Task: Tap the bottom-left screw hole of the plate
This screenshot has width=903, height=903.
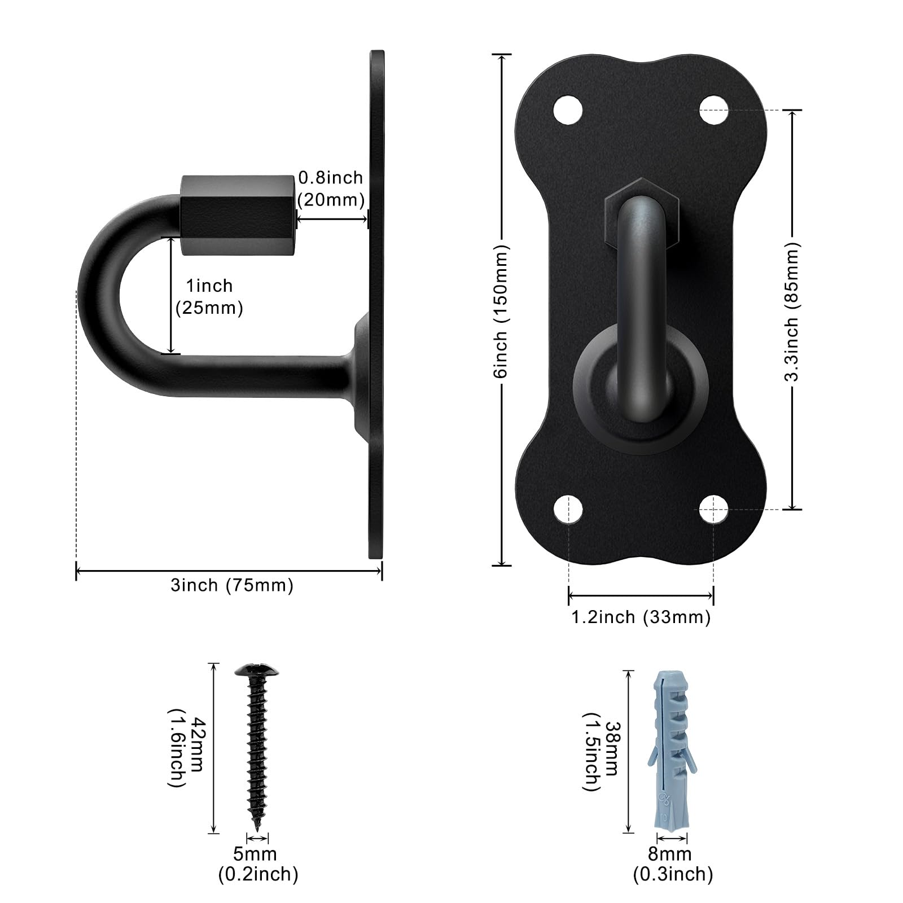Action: click(x=568, y=509)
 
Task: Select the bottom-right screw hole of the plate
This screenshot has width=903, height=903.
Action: click(x=713, y=509)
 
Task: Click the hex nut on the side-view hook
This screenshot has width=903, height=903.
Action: click(x=239, y=215)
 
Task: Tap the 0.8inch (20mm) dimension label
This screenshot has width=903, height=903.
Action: click(x=331, y=189)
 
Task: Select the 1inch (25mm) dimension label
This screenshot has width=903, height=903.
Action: click(x=209, y=297)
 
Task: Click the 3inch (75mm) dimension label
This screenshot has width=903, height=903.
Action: click(x=232, y=585)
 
